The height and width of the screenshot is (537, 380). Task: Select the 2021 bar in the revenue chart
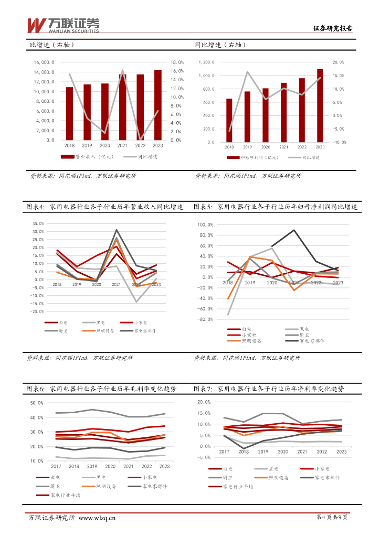(122, 108)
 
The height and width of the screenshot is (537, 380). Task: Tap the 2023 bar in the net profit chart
(320, 105)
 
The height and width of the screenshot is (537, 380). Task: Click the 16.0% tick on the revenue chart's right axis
(176, 71)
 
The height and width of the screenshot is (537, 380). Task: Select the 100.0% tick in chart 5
(205, 224)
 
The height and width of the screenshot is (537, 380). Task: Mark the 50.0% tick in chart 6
(37, 403)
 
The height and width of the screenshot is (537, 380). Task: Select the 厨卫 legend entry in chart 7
(227, 477)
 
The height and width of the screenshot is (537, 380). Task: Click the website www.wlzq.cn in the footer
(97, 519)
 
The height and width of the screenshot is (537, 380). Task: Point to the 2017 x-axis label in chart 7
(224, 452)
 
